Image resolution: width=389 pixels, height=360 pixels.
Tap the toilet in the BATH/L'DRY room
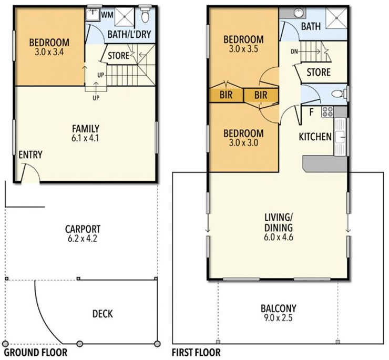(x=145, y=17)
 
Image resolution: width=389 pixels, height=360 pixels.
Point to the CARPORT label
(x=83, y=229)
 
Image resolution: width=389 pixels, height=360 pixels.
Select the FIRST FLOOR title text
(x=196, y=352)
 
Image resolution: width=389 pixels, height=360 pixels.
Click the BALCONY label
(x=278, y=308)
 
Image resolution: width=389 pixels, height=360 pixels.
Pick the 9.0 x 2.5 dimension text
(x=278, y=318)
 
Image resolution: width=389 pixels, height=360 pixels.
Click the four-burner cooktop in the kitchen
(x=327, y=111)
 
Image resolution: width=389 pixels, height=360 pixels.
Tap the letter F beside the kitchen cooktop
(x=311, y=112)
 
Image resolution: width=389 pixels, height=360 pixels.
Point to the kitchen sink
(x=340, y=137)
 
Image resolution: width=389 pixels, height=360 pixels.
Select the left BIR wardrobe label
(x=226, y=95)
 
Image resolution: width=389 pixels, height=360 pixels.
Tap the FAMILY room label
(x=87, y=128)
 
